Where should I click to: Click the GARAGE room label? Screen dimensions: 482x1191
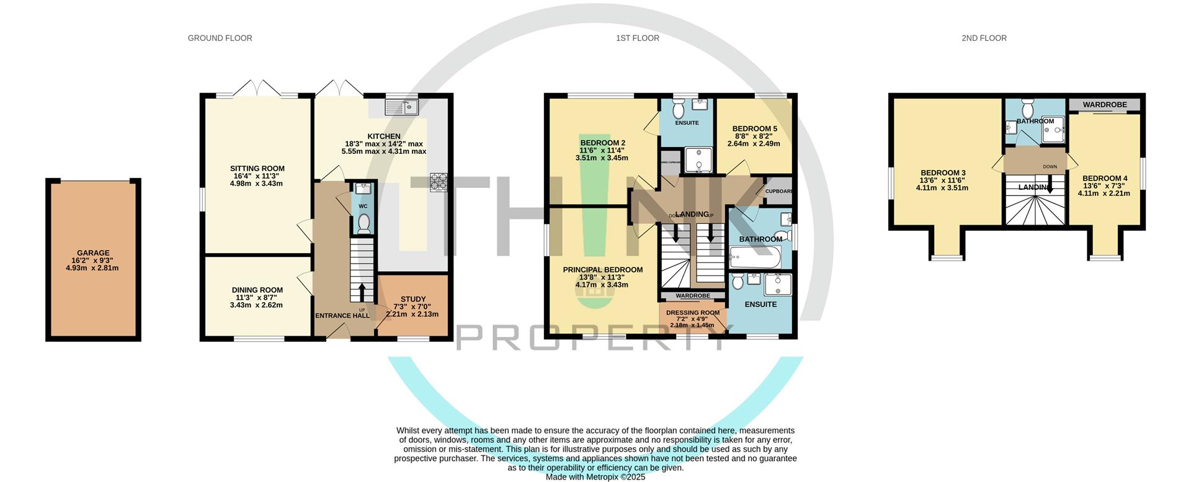(x=93, y=253)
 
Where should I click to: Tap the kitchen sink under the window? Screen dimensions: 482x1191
(x=401, y=108)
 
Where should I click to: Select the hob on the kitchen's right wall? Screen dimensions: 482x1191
(x=438, y=182)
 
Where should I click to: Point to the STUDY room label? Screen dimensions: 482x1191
(x=413, y=300)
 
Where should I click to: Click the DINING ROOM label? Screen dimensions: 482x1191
(x=257, y=290)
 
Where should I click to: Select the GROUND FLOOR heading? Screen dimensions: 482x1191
(x=220, y=38)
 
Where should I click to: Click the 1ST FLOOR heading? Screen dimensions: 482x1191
(x=637, y=38)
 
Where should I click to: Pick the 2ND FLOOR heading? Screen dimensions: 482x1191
(x=984, y=38)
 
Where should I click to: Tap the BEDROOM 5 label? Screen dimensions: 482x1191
(x=754, y=129)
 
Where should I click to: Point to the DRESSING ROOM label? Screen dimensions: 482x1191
(x=693, y=313)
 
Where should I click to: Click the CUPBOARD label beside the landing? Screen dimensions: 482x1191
(x=778, y=191)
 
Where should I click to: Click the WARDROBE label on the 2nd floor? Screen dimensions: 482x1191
(x=1105, y=105)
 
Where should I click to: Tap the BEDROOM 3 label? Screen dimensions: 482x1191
(x=942, y=173)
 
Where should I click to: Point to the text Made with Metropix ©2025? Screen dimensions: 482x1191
(x=595, y=477)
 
